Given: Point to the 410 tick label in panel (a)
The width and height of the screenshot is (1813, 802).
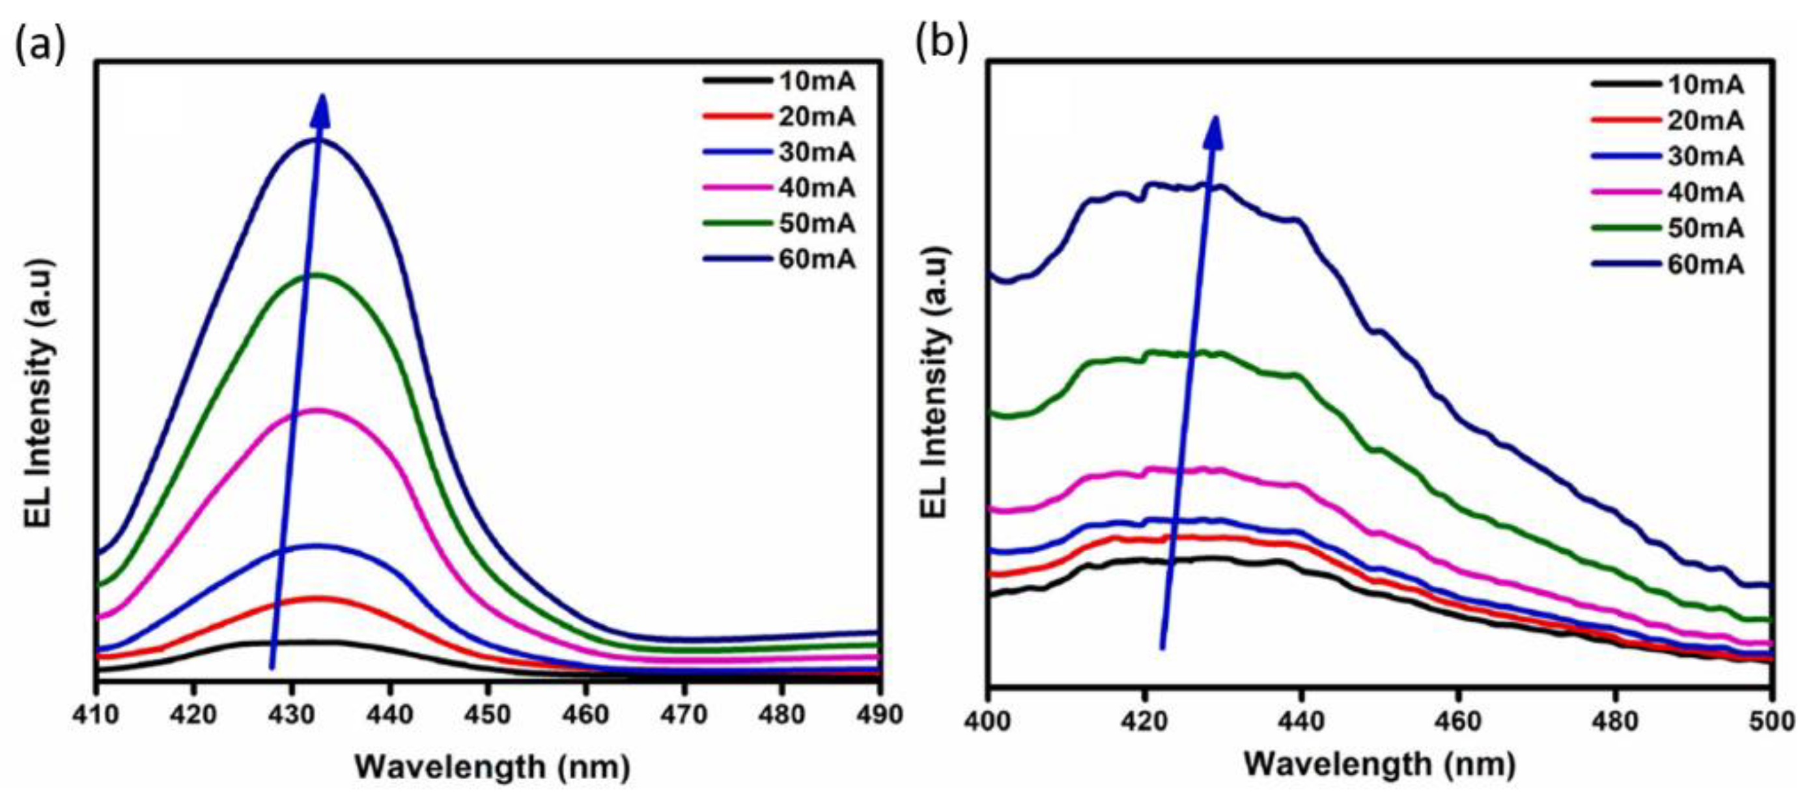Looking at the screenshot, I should (x=96, y=715).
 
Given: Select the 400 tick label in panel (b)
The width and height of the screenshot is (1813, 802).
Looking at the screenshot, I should (x=989, y=722).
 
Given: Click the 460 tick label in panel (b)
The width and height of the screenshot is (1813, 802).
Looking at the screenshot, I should (x=1458, y=722).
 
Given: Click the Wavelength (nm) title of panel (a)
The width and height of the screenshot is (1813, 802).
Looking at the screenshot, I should (x=491, y=767).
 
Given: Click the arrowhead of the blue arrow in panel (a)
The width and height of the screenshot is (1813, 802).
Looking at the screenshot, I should (x=322, y=111).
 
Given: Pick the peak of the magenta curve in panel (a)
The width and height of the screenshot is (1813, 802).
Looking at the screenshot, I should (x=318, y=410).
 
